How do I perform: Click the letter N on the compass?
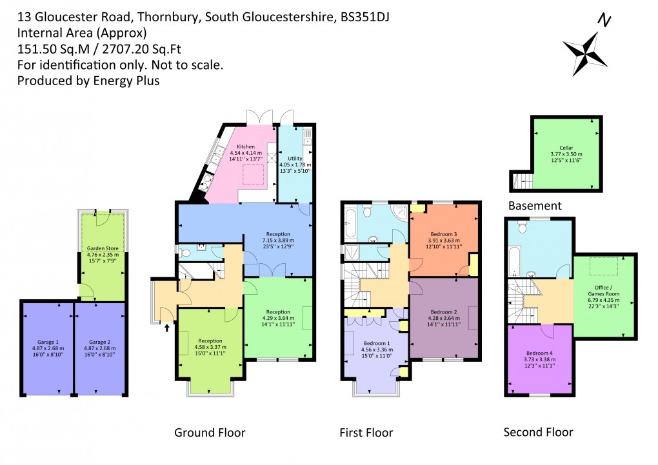coord(604,21)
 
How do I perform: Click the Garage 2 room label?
coord(99,342)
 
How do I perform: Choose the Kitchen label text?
coord(246,147)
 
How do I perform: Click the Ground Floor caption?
coord(210,432)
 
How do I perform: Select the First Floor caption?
coord(366,432)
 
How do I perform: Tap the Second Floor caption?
coord(538,431)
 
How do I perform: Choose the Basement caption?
coord(535,206)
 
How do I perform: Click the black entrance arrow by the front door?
coord(168,328)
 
